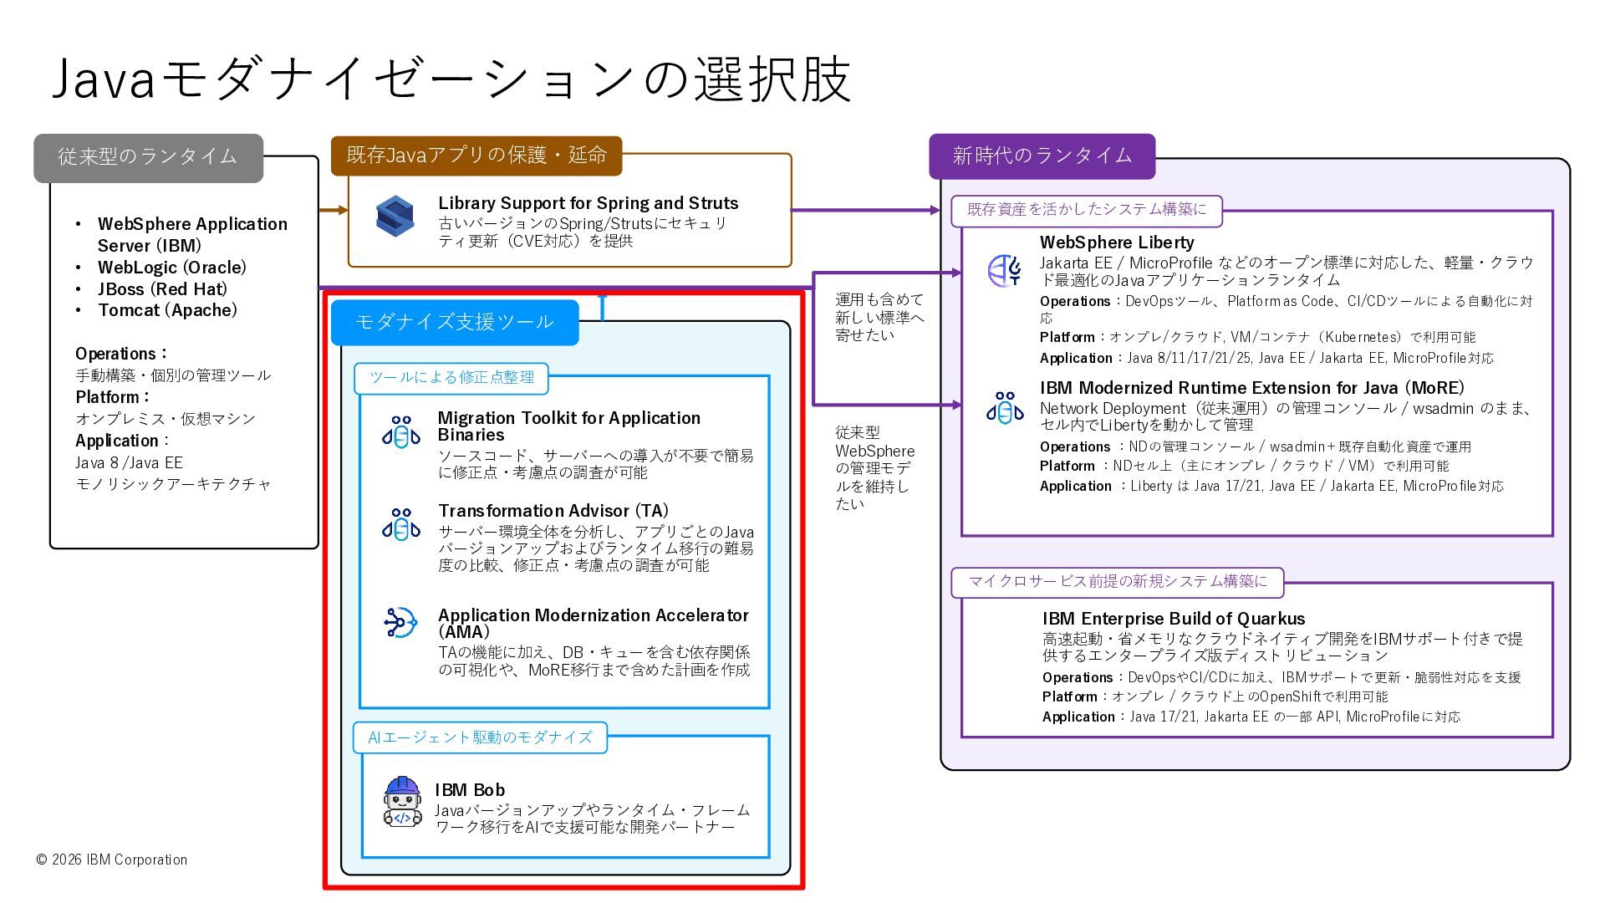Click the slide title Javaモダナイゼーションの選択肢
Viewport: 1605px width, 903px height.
coord(451,79)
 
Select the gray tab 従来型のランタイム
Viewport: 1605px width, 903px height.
coord(148,157)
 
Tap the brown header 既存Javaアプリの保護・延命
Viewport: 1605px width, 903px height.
coord(476,156)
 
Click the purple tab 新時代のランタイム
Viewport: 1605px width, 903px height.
coord(1042,156)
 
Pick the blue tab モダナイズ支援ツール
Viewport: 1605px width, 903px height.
coord(455,323)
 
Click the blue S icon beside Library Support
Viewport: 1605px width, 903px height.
coord(395,217)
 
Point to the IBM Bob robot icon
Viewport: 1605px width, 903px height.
coord(402,802)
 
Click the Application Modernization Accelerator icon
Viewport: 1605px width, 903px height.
coord(400,623)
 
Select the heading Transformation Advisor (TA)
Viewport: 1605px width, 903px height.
coord(553,511)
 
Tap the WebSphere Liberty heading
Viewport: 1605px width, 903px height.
coord(1117,242)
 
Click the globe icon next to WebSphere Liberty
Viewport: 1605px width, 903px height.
coord(1004,270)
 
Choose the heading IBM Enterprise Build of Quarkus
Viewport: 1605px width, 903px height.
coord(1173,619)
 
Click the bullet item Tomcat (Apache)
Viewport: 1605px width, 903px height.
coord(167,310)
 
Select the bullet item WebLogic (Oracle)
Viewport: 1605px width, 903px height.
coord(171,268)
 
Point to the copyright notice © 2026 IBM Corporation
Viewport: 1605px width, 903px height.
coord(112,860)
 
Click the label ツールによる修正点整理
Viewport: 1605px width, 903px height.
coord(451,378)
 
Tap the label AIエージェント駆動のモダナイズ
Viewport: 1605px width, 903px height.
coord(480,737)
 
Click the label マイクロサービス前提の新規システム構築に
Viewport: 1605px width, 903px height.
coord(1117,582)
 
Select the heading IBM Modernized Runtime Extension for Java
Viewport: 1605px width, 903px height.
coord(1251,388)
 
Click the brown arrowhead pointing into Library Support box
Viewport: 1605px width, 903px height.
coord(343,210)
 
